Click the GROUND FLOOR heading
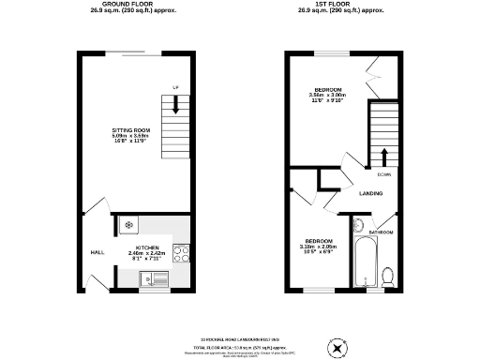click(x=129, y=5)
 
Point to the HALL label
click(x=96, y=252)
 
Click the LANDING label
click(x=369, y=193)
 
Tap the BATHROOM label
click(x=381, y=231)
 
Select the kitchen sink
click(x=152, y=277)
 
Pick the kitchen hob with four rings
click(x=184, y=252)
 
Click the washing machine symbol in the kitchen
click(x=127, y=225)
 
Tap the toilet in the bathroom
click(x=387, y=274)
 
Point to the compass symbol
click(x=335, y=348)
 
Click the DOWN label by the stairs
click(x=384, y=174)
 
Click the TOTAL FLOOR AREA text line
click(x=240, y=347)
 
